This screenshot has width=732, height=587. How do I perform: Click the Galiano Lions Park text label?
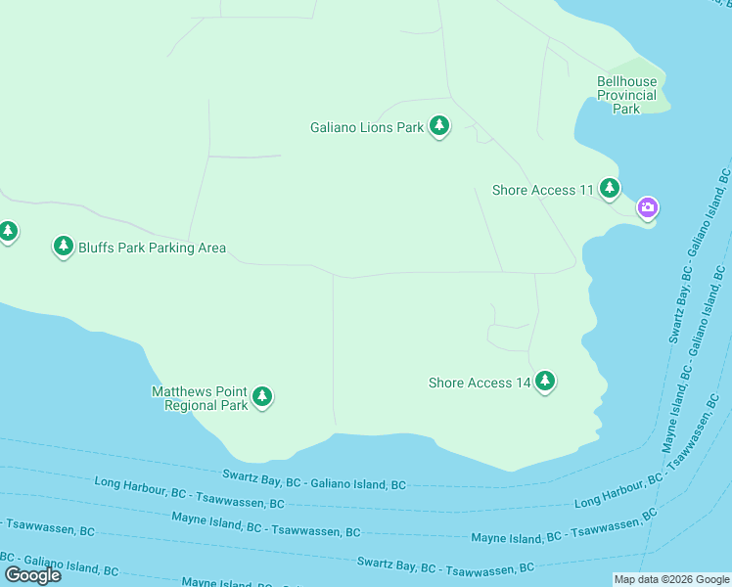tap(367, 127)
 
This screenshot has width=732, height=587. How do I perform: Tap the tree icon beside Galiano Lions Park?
tap(439, 126)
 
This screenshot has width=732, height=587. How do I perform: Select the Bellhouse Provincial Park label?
tap(626, 96)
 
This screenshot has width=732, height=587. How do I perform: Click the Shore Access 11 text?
tap(543, 190)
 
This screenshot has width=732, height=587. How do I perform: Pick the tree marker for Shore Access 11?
tap(610, 188)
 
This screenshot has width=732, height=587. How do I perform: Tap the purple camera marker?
tap(647, 207)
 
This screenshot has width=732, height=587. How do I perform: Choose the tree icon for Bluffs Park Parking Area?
tap(64, 246)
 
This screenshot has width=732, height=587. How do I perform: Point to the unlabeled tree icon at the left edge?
tap(8, 232)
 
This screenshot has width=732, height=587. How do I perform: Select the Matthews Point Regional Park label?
tap(199, 398)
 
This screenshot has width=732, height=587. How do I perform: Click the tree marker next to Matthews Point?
tap(261, 396)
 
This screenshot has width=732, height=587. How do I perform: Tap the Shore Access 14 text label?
tap(480, 383)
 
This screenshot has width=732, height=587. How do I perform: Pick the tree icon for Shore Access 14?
tap(545, 382)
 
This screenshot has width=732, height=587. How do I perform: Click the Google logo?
tap(32, 574)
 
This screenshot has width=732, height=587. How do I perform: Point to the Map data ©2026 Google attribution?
tap(671, 579)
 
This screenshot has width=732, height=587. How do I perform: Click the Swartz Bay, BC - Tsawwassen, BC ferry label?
tap(445, 566)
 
